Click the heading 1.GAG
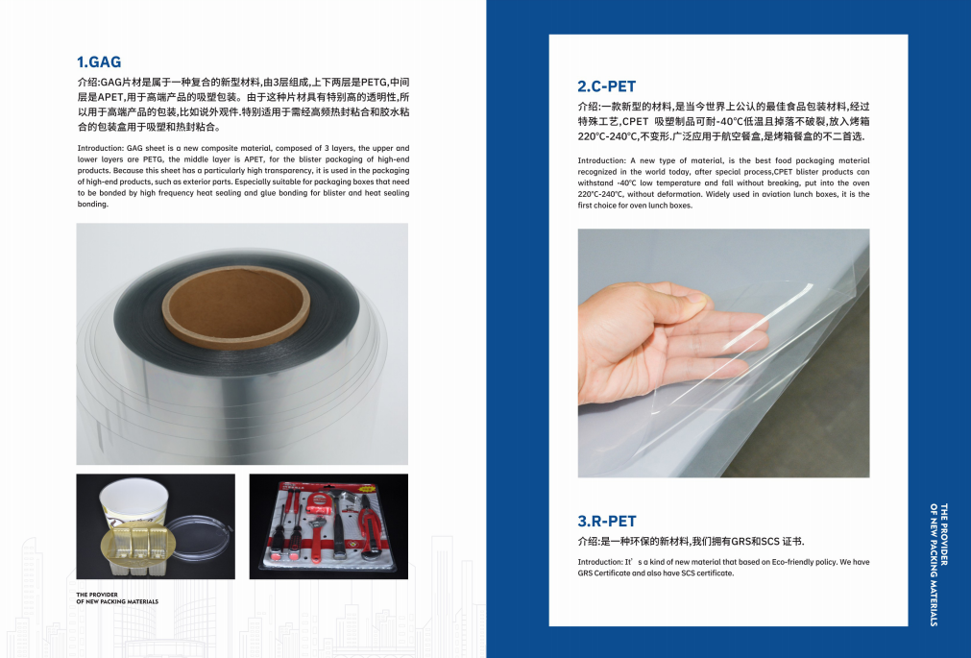coord(99,62)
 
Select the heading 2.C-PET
coord(607,86)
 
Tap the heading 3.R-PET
coord(607,521)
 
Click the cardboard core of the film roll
coord(236,308)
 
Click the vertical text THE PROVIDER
coord(944,534)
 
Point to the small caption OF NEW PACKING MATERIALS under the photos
coord(117,601)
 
